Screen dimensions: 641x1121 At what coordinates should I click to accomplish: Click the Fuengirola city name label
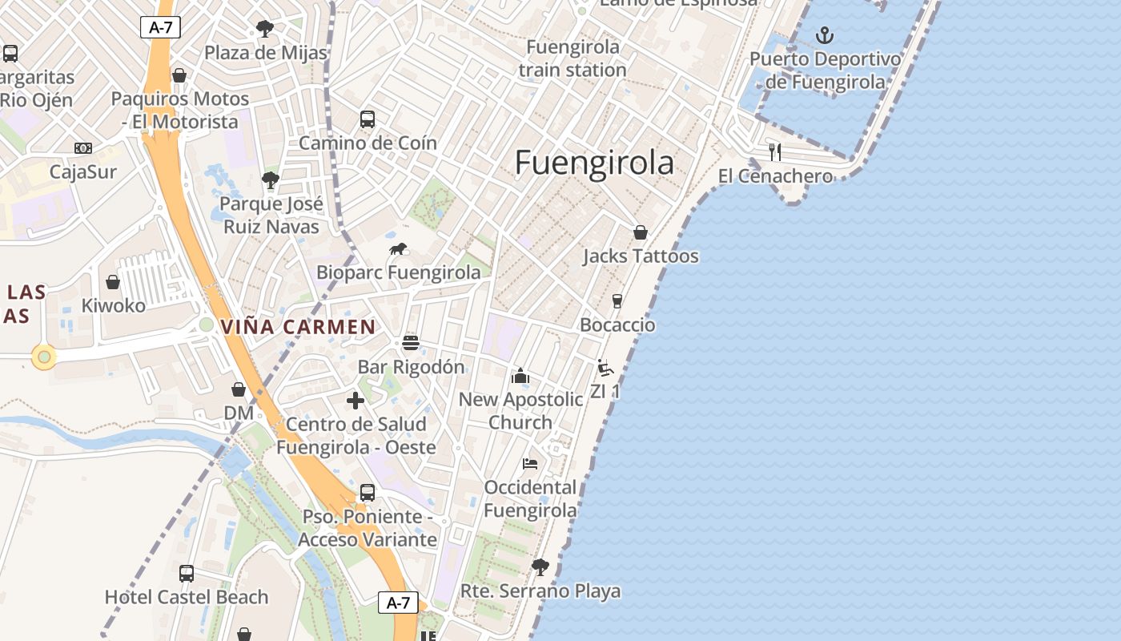[594, 163]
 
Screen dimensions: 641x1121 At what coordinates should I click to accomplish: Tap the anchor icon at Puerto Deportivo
[824, 35]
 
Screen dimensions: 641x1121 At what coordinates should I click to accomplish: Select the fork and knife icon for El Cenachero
[774, 151]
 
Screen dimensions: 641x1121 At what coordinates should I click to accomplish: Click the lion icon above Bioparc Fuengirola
[398, 249]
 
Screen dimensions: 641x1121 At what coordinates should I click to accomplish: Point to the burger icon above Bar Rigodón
[411, 343]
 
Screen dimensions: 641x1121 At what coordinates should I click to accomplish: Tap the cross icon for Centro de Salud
[356, 400]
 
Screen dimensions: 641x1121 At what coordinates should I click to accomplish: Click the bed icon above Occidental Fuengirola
[530, 463]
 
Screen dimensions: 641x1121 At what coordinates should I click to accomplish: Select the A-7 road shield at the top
[160, 27]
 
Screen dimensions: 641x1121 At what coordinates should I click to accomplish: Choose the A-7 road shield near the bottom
[398, 603]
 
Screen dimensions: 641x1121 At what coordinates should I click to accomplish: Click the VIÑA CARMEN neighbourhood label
[298, 327]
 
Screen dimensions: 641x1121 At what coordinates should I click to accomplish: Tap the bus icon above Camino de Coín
[368, 119]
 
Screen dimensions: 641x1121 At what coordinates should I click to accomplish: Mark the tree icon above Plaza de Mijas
[265, 30]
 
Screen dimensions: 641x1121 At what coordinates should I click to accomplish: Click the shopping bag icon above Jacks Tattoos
[640, 232]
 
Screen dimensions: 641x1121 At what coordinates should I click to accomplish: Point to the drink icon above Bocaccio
[617, 301]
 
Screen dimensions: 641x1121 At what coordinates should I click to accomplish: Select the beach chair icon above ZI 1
[605, 368]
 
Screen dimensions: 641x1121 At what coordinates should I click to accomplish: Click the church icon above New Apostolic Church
[520, 375]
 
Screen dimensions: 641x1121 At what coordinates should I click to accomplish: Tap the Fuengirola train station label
[573, 58]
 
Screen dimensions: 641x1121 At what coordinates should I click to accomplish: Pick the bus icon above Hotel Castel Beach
[187, 573]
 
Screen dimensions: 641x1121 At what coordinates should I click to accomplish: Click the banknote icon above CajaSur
[83, 148]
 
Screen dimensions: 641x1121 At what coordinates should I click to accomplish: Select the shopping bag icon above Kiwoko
[113, 282]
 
